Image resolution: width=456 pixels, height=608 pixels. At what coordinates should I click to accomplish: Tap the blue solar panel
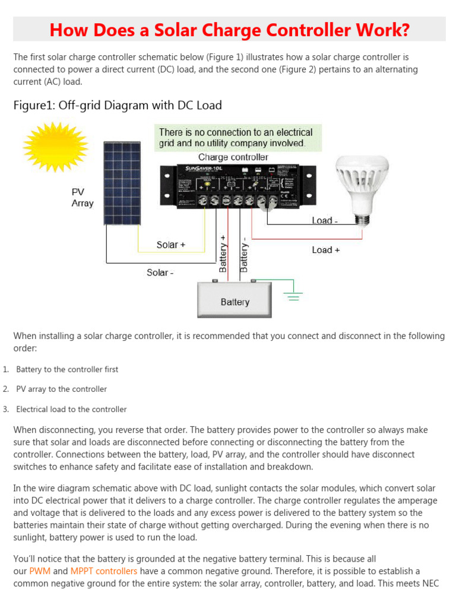[123, 183]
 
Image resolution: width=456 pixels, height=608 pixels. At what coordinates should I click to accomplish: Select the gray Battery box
[235, 300]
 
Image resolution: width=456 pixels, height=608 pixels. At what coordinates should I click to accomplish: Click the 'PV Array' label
[83, 198]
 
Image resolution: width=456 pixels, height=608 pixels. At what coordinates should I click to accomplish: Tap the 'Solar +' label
[172, 245]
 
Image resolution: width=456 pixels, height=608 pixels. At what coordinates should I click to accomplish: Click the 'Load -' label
[325, 221]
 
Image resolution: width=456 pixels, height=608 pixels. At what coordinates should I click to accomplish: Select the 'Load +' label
[326, 250]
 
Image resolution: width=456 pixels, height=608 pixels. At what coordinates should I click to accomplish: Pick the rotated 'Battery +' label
[223, 253]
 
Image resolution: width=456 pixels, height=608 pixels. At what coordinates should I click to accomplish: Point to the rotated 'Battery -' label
[243, 255]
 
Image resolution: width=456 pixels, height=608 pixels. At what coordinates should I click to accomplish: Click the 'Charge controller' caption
[233, 157]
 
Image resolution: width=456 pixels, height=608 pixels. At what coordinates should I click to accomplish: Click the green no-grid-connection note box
[237, 137]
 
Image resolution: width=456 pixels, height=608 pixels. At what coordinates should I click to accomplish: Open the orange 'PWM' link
[40, 571]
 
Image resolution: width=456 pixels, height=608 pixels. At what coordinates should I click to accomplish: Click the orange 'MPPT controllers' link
[104, 571]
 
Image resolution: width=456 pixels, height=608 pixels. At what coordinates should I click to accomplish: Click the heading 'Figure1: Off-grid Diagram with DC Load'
[118, 106]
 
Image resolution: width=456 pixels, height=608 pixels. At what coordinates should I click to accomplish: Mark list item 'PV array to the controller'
[62, 389]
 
